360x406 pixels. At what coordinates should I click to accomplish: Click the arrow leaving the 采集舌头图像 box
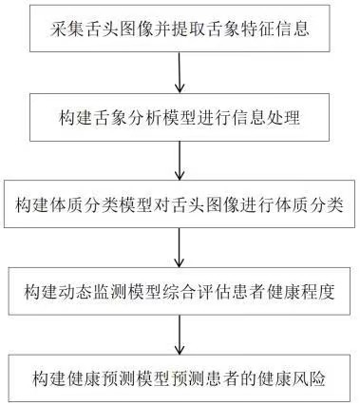[x=180, y=72]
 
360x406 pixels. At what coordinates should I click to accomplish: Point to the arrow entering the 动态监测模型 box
[x=180, y=249]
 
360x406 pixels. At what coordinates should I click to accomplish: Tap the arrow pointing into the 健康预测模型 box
[x=180, y=338]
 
